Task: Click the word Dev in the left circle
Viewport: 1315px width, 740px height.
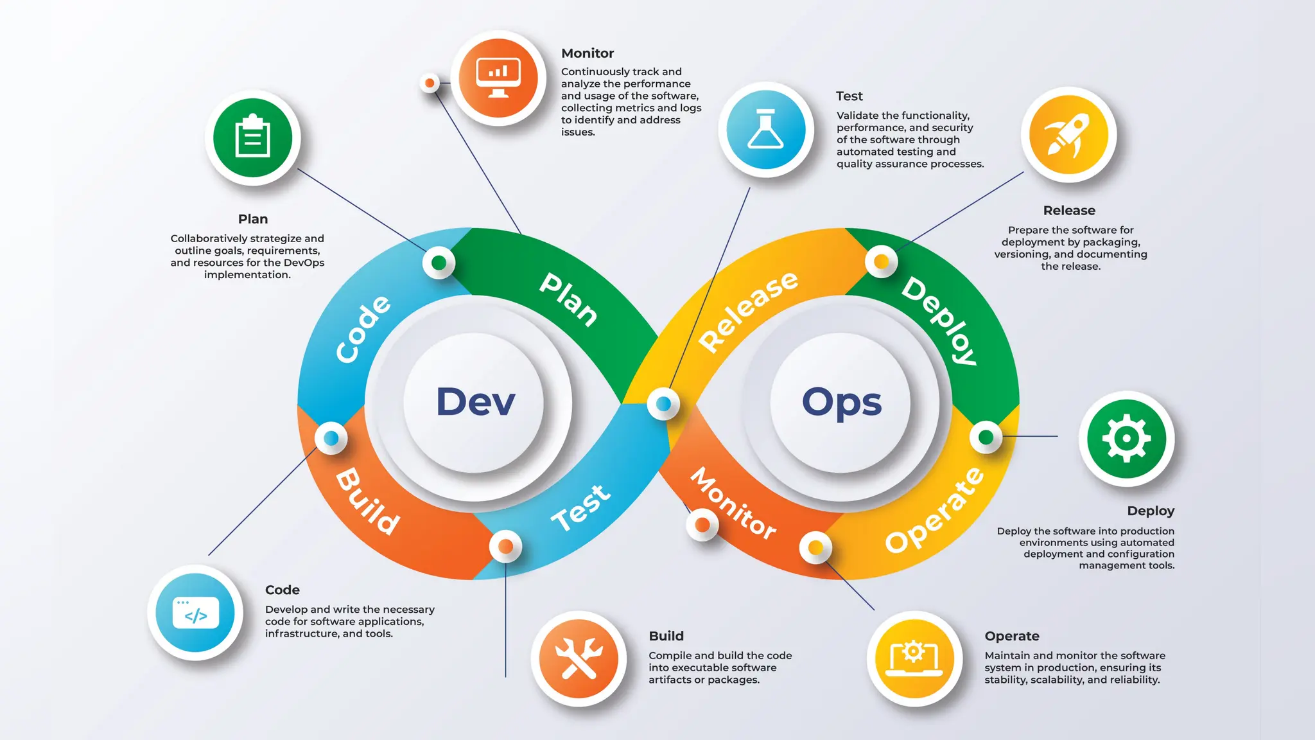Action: (475, 402)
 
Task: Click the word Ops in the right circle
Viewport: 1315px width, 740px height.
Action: (841, 403)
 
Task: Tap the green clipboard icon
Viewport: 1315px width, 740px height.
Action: (253, 137)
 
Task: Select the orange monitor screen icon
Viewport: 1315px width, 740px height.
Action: (498, 78)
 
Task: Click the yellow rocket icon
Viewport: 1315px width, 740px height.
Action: (1068, 135)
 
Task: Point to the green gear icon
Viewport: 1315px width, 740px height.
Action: (1126, 439)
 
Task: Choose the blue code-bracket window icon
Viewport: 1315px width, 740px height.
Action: (195, 613)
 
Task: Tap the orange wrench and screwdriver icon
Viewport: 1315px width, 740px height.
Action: (579, 658)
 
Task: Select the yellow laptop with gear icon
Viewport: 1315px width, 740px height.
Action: (914, 658)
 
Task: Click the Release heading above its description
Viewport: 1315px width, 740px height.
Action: (1069, 211)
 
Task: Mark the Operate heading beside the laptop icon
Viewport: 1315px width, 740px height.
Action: (1012, 636)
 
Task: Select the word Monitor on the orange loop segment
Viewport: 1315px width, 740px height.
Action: (733, 503)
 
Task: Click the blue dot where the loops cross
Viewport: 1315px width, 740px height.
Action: (663, 403)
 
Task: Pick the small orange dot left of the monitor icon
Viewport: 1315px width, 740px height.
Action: (430, 83)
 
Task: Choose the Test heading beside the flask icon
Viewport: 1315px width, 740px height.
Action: (849, 96)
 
